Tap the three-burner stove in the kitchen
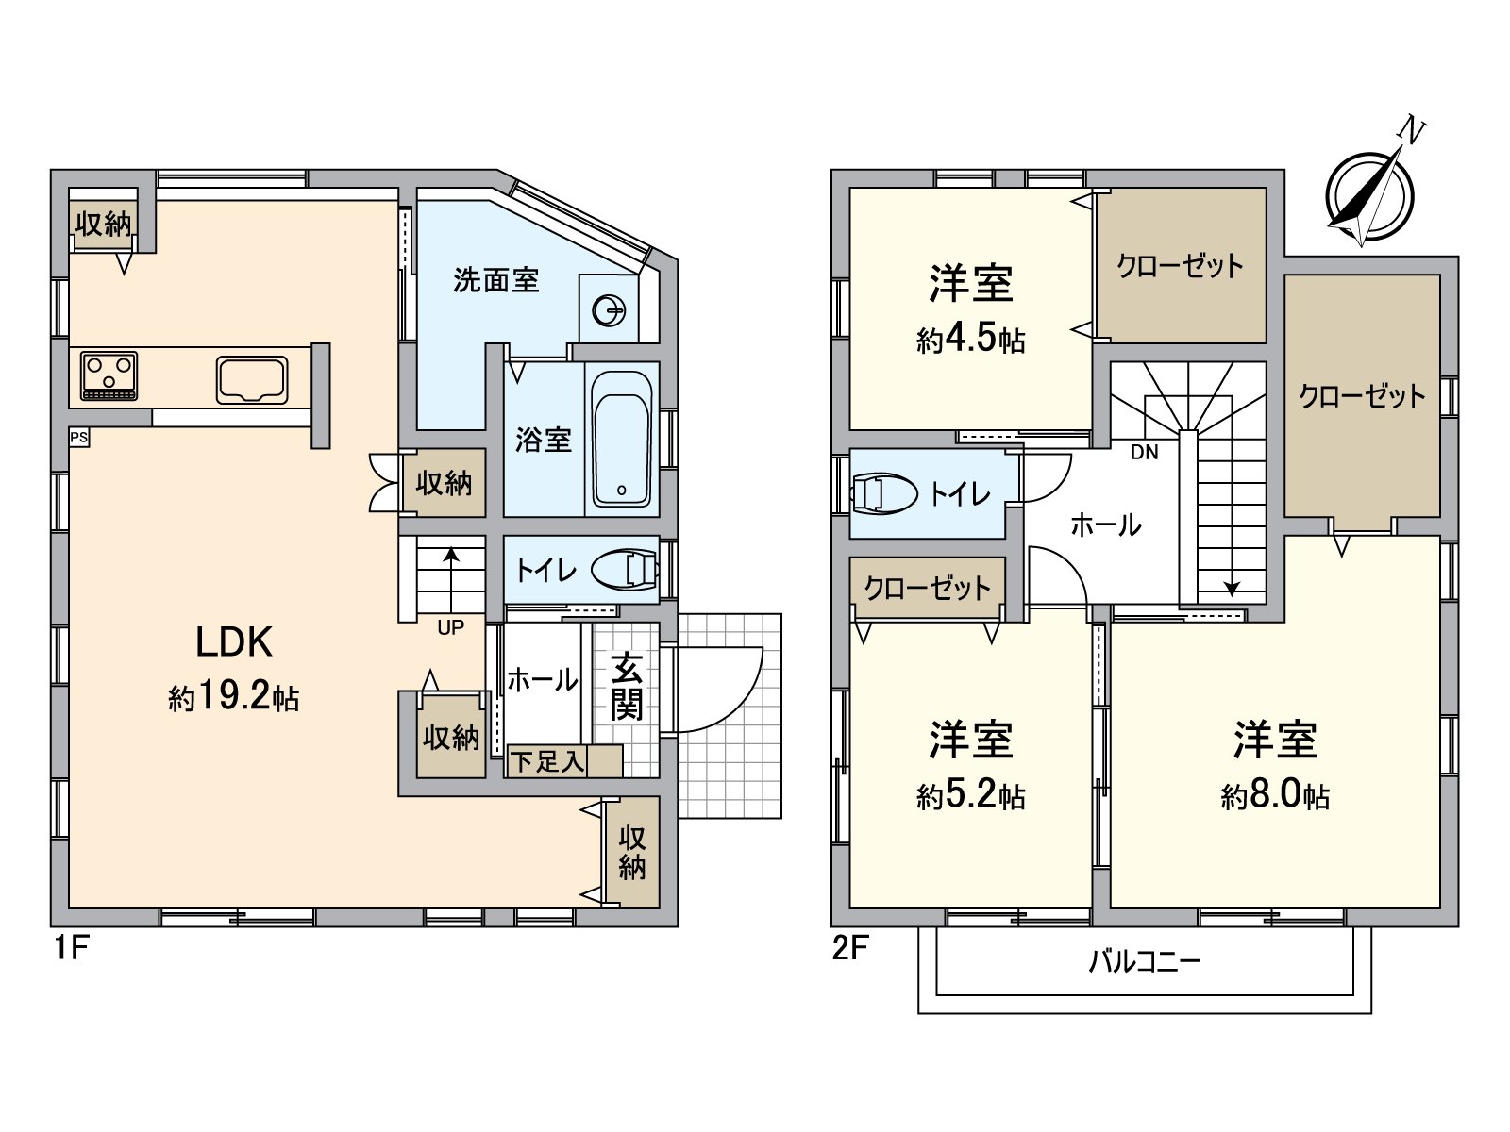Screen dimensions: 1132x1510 click(x=109, y=375)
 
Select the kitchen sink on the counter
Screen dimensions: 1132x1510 click(x=252, y=379)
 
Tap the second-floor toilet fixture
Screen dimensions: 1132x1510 click(x=883, y=493)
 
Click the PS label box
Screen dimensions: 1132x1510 click(x=79, y=438)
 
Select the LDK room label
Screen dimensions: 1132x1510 click(x=234, y=642)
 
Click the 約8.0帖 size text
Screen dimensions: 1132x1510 click(x=1275, y=797)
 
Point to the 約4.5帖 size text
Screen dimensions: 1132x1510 click(x=970, y=340)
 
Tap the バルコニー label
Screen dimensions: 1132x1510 click(x=1144, y=962)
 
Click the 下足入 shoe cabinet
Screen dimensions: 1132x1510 click(x=563, y=761)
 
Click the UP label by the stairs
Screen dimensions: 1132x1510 click(x=450, y=627)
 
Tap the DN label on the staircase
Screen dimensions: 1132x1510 click(x=1144, y=453)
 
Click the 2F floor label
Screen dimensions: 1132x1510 click(x=849, y=948)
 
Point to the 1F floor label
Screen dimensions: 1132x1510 click(x=70, y=948)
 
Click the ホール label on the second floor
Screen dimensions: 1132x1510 click(x=1105, y=525)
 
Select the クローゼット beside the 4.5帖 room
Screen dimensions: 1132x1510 click(x=1180, y=266)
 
